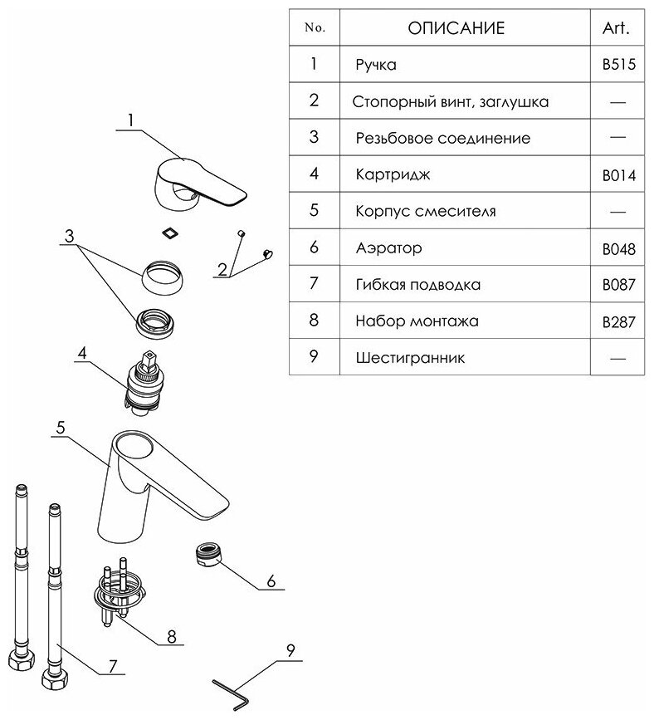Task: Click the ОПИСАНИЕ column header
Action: coord(456,29)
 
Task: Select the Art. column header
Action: coord(615,29)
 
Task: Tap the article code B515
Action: coord(618,65)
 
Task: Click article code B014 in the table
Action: coord(618,175)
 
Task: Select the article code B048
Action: coord(618,248)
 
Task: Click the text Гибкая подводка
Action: coord(417,285)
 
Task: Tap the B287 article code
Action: coord(618,321)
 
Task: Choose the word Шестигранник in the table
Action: coord(409,358)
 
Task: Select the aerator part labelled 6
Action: coord(207,553)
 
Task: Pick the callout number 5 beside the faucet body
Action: coord(61,427)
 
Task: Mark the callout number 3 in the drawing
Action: coord(71,235)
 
